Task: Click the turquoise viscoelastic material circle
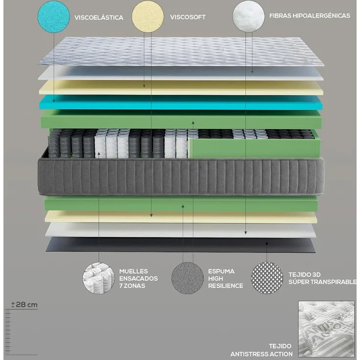[x=53, y=17]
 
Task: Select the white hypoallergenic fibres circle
[x=248, y=16]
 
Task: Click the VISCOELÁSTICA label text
[x=99, y=18]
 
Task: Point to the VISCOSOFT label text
[x=188, y=17]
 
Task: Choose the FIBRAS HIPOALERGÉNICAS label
[x=310, y=16]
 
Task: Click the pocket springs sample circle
[x=99, y=278]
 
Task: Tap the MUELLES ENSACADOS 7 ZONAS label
[x=138, y=278]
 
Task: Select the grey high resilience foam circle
[x=187, y=278]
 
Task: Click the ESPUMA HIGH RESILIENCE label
[x=225, y=278]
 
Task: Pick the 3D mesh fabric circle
[x=267, y=278]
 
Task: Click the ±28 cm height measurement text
[x=25, y=304]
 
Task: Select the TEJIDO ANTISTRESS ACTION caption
[x=262, y=350]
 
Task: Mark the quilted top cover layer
[x=181, y=51]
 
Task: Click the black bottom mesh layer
[x=181, y=245]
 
